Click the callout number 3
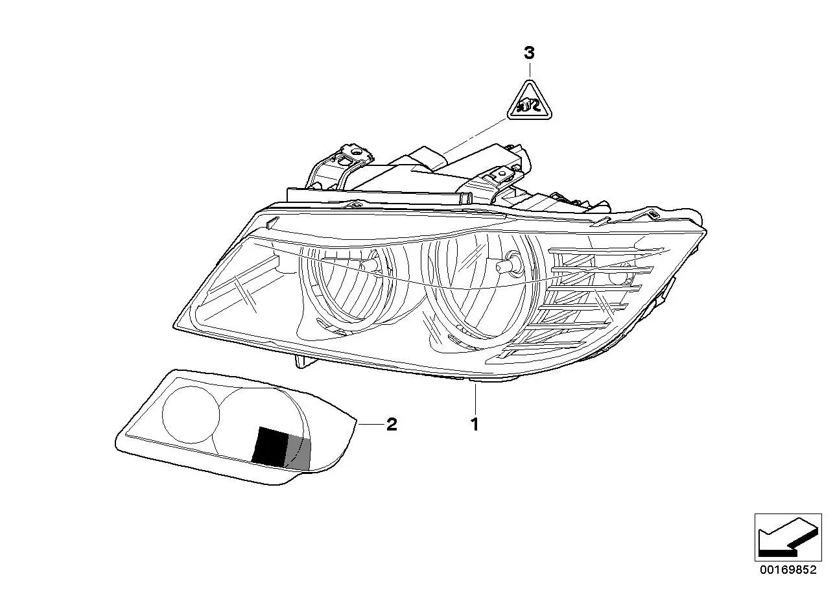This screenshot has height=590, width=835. pos(529,53)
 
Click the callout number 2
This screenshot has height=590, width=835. pos(392,425)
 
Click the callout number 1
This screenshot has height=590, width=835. pos(475,425)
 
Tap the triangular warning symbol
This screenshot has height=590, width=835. pos(530,100)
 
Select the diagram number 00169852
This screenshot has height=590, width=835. pos(788,570)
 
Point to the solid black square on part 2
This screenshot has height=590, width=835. pos(270,447)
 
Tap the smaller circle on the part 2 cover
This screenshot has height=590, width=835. pos(191,414)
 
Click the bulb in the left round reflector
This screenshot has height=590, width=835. pos(369,265)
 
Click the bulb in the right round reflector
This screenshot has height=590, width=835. pos(508,265)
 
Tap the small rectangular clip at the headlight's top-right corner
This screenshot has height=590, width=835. pos(653,215)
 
